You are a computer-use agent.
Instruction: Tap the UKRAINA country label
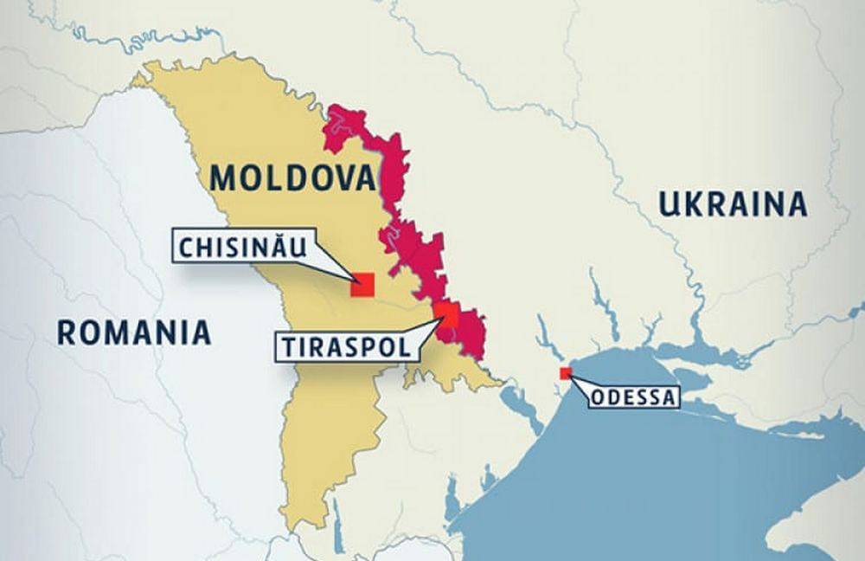[733, 204]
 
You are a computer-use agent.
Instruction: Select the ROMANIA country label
[134, 332]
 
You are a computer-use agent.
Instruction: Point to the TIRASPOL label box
[344, 347]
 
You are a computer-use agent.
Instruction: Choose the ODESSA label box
[634, 398]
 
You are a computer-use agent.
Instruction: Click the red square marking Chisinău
[362, 285]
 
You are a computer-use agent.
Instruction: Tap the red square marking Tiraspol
[446, 314]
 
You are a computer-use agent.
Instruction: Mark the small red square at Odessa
[566, 373]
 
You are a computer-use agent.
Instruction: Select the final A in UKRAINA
[798, 204]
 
